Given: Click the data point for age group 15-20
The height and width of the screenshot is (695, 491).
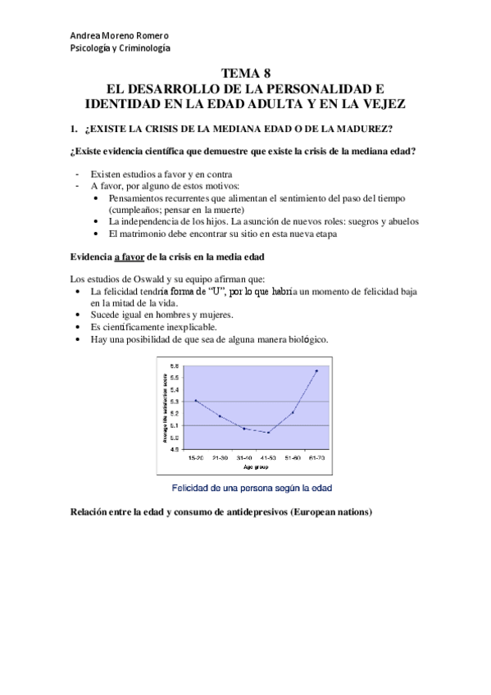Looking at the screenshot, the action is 196,401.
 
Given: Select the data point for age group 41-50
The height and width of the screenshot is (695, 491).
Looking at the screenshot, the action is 268,432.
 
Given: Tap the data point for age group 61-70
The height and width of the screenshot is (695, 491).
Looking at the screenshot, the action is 316,370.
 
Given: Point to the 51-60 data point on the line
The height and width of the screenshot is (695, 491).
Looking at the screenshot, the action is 293,412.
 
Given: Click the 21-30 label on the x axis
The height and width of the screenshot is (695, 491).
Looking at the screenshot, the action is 220,457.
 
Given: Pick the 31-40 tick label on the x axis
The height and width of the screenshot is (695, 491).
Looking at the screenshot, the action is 244,457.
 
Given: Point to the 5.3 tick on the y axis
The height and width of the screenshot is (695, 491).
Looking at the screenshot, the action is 175,402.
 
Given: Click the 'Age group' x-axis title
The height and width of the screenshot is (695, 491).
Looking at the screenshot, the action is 256,466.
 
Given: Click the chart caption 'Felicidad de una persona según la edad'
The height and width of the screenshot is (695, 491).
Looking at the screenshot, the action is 251,487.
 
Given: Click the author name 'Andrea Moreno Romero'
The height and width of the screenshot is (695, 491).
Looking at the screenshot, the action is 120,36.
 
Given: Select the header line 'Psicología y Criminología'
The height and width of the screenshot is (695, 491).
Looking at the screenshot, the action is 120,49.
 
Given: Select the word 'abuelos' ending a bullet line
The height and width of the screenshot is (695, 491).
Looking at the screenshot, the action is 398,221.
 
